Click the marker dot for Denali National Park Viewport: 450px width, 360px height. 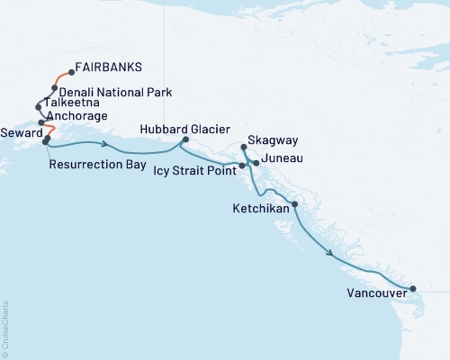point(55,88)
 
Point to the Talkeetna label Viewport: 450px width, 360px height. point(69,103)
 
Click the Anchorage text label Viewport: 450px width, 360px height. point(76,116)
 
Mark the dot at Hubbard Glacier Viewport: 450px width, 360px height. point(185,139)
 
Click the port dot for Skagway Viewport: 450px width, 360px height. point(245,146)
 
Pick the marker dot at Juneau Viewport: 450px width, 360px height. point(256,163)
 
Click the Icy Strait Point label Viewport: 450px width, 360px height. point(195,167)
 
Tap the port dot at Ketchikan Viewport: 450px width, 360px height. point(295,204)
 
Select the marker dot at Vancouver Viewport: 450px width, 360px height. point(413,289)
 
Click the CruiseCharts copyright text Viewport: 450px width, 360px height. point(5,328)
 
